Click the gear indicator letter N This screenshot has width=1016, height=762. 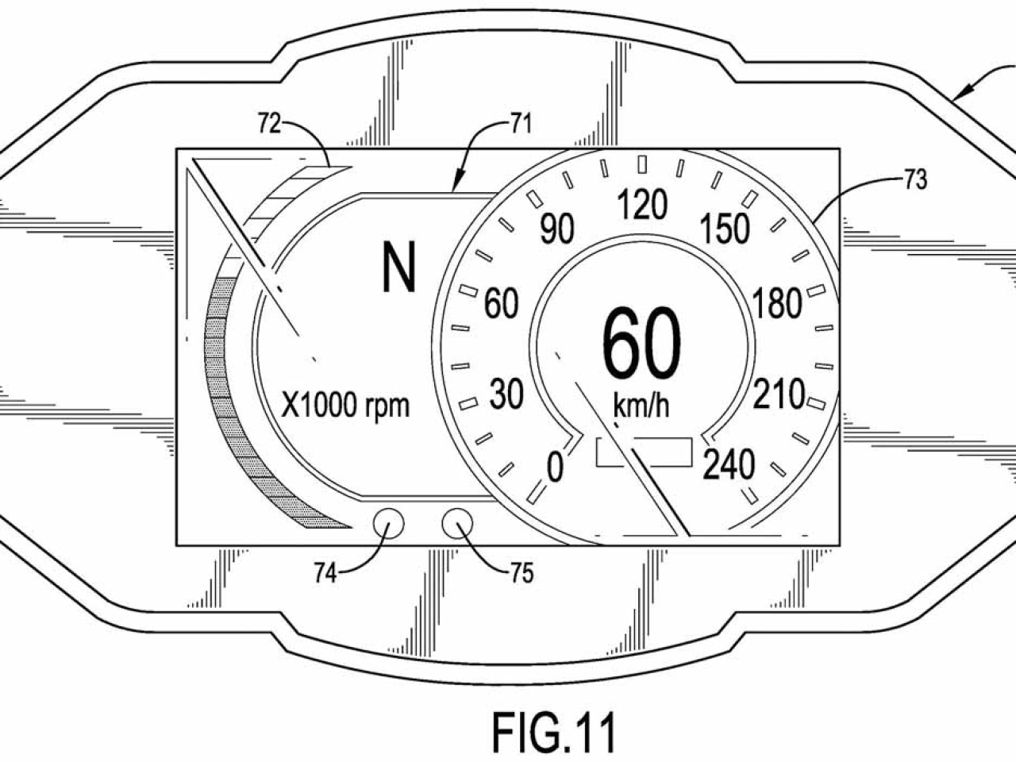398,267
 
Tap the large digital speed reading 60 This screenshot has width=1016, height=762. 641,344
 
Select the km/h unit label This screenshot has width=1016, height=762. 641,406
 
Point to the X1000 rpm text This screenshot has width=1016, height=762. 347,406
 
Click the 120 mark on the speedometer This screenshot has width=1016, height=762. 642,206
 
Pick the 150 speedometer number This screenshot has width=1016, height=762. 725,230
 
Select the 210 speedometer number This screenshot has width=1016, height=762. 779,394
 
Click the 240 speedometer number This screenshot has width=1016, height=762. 729,466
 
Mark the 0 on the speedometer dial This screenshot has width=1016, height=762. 556,468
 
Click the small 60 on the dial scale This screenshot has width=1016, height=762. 502,304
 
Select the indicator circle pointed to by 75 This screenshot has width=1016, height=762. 458,524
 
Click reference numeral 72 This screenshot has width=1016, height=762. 270,125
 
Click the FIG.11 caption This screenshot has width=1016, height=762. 553,732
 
